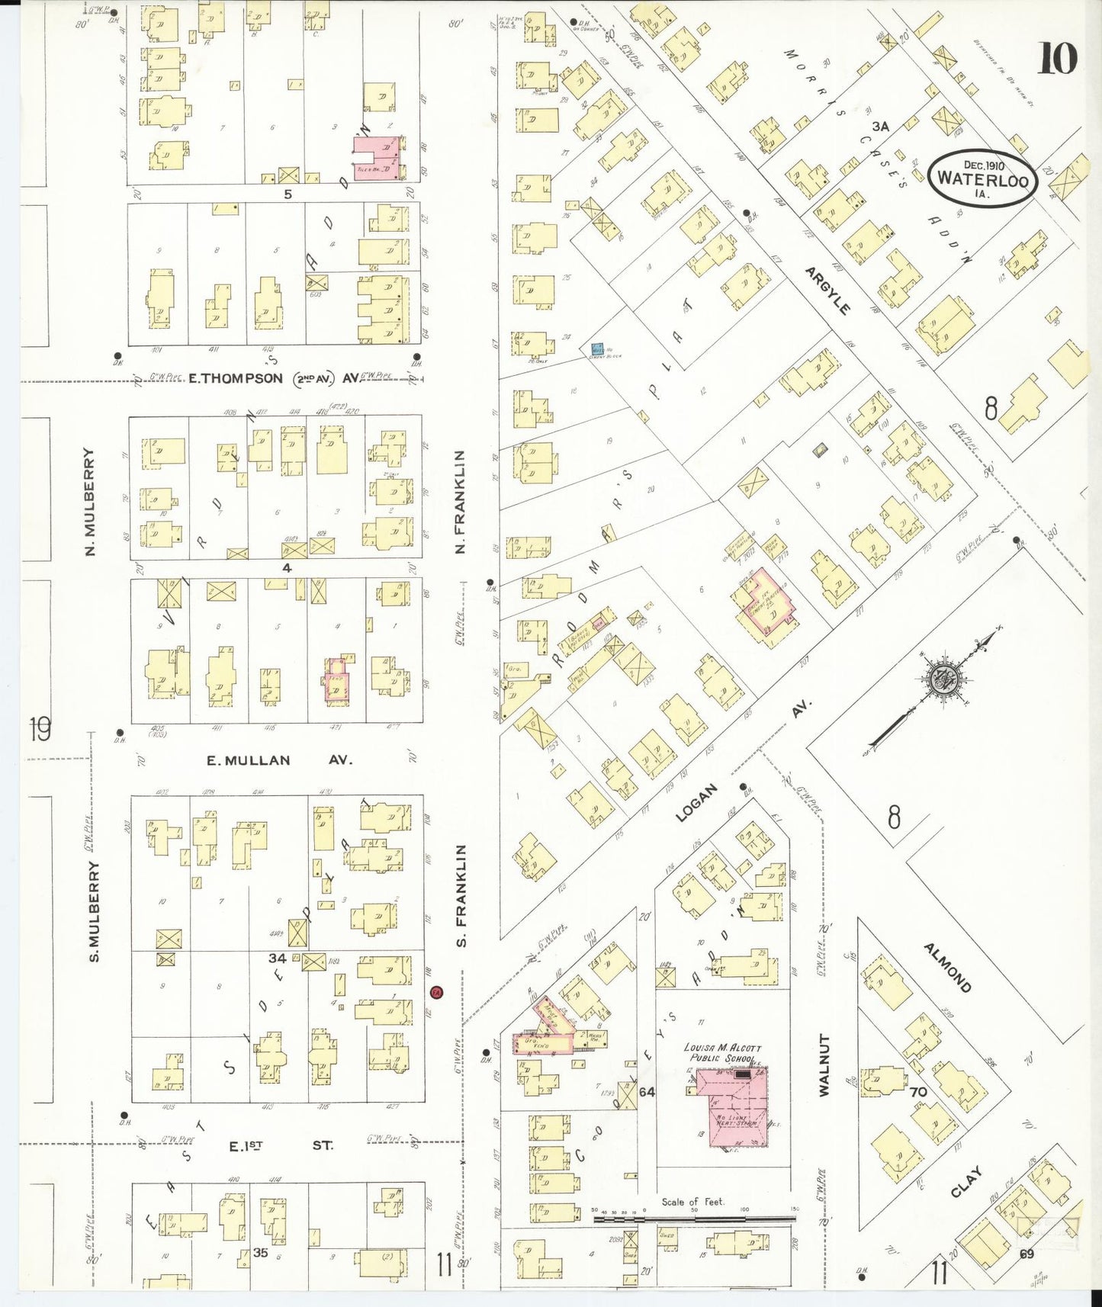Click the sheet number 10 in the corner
click(1057, 59)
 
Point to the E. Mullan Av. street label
click(279, 760)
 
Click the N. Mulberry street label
click(90, 501)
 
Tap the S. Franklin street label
click(461, 895)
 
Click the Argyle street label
click(827, 291)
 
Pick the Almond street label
click(948, 968)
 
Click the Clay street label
click(966, 1182)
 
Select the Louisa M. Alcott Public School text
click(722, 1053)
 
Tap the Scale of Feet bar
click(694, 1219)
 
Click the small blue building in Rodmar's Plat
click(598, 351)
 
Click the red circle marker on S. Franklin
click(435, 993)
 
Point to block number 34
click(277, 958)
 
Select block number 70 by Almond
click(918, 1092)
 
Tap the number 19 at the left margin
click(40, 729)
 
